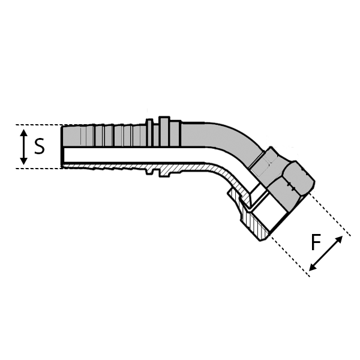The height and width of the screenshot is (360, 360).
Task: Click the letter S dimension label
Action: click(x=40, y=147)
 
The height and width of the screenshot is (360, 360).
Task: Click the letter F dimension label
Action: click(x=316, y=242)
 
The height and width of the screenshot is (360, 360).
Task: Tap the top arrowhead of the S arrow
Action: click(x=23, y=132)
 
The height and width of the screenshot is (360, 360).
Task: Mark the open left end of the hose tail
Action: click(x=62, y=146)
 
